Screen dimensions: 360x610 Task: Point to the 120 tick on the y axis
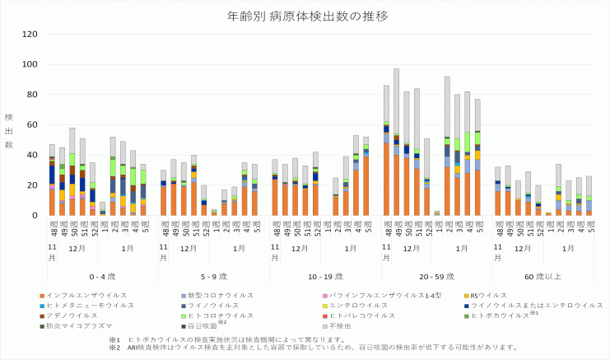click(30, 34)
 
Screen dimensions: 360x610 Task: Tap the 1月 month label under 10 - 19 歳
click(351, 247)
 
